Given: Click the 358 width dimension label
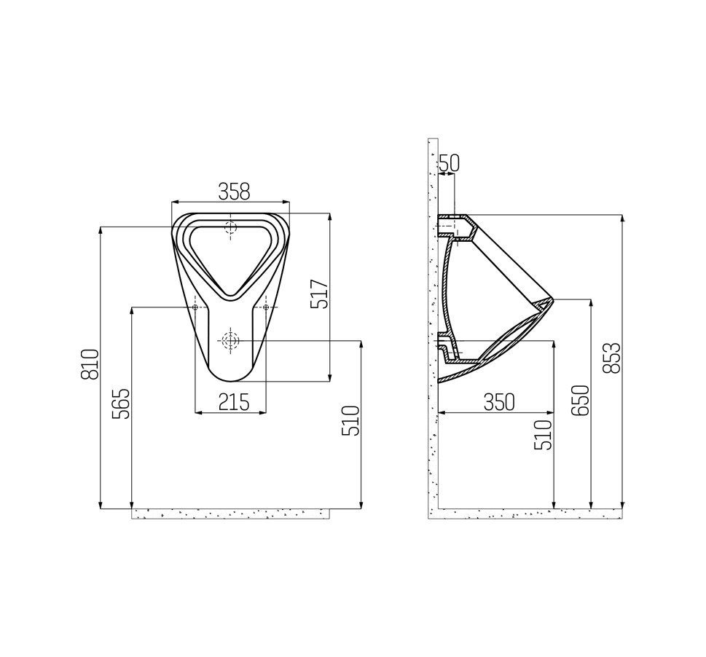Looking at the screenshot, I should coord(234,192).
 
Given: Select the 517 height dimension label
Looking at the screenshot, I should coord(321,294).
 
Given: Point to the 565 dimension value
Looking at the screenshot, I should coord(121,403).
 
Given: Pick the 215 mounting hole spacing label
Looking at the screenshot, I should coord(233,401).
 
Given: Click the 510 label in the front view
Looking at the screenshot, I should coord(351,420).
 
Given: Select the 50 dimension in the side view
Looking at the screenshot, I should coord(449,163).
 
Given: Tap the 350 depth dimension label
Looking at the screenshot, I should coord(498,401).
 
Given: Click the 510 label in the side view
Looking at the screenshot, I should coord(544,435).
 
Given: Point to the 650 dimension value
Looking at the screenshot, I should coord(580,400).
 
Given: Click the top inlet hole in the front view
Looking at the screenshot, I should coord(231,227).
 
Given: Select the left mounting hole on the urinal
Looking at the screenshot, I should coord(195,307).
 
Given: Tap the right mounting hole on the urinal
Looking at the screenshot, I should coord(265,307).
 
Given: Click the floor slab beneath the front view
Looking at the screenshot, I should coord(230,514).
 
